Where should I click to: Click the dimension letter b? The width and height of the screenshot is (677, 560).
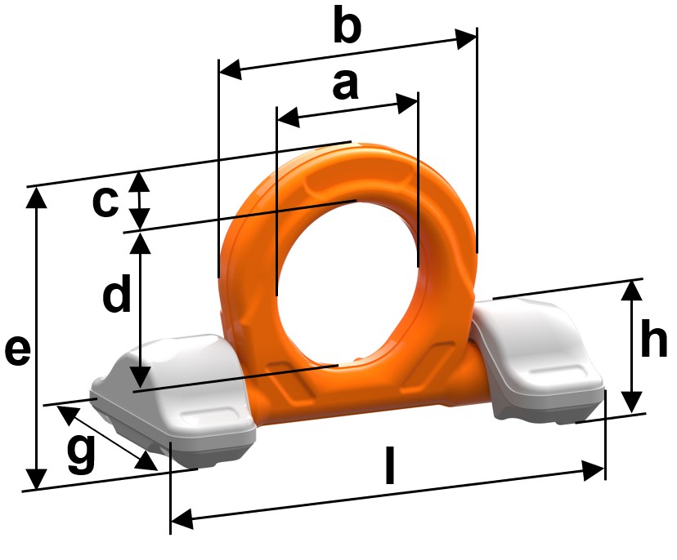347,24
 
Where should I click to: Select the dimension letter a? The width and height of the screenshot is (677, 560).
345,85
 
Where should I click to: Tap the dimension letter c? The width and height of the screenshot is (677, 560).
105,202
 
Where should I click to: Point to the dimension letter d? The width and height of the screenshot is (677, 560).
117,293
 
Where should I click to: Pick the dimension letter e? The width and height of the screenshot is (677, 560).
18,351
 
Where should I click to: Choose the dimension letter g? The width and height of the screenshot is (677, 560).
81,454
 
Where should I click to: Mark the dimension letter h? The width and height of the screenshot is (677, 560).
653,340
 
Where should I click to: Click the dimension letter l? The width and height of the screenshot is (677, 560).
390,465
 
